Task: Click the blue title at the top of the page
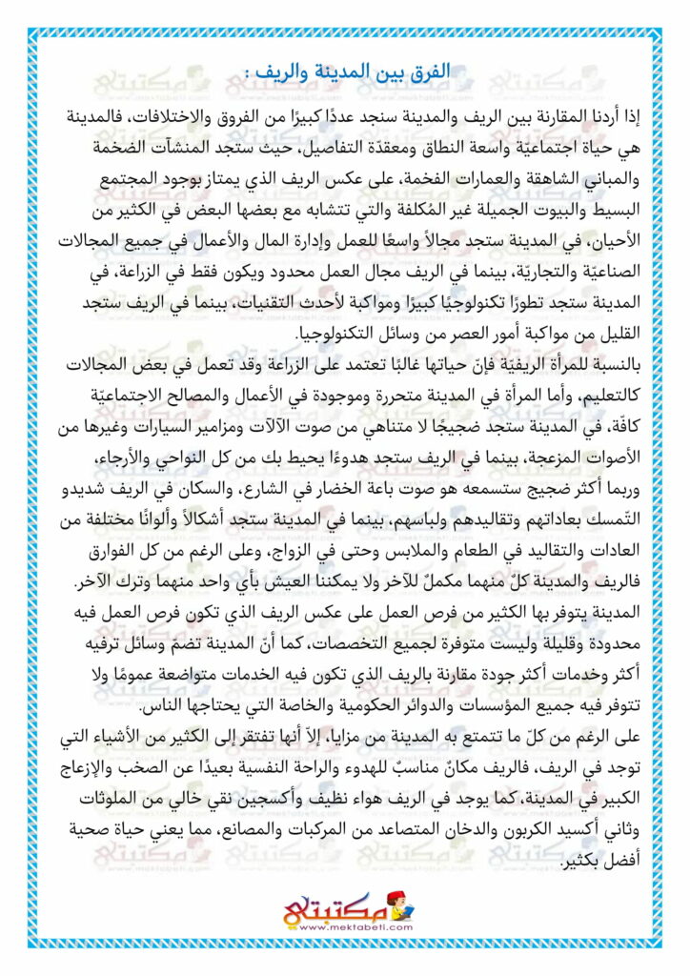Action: (344, 73)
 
